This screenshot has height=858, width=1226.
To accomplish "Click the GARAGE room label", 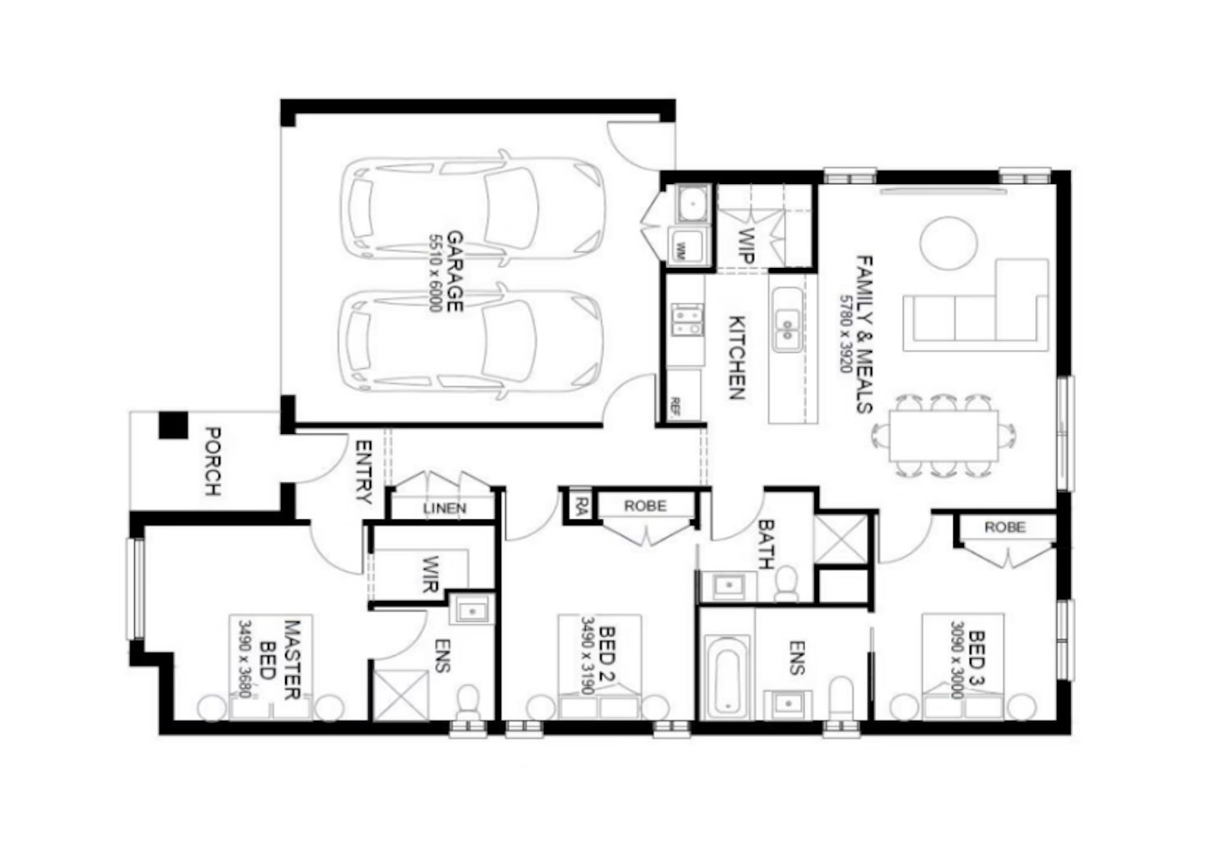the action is coord(455,271).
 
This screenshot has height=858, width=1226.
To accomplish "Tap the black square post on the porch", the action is coord(173,425).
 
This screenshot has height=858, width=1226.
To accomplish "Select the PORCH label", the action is coord(212,461).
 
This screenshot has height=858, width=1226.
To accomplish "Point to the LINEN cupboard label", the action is coord(445,508).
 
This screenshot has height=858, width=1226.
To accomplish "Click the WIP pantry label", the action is coord(746,245).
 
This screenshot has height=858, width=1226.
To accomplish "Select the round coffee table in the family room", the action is coord(948,243).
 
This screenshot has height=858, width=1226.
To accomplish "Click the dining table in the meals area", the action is coord(943,436).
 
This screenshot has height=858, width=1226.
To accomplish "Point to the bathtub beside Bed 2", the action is coord(727,676).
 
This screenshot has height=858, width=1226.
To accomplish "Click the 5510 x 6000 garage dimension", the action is coord(436,273).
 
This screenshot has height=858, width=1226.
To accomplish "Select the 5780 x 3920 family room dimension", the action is coord(846,334).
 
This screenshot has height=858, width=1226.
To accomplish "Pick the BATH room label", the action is coord(766,544).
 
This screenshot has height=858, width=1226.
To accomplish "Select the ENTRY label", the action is coord(364,472).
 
